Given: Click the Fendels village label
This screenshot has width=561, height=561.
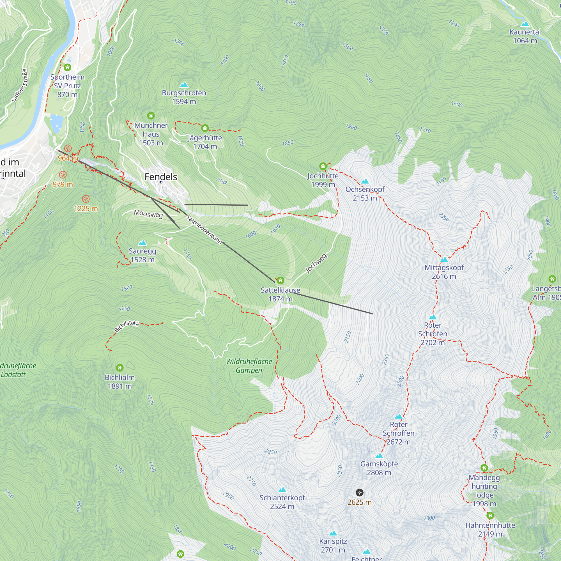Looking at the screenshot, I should pyautogui.click(x=160, y=176).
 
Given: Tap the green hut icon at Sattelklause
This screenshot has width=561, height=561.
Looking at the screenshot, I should pyautogui.click(x=280, y=280).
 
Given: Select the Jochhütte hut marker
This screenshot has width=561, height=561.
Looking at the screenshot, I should pyautogui.click(x=323, y=166).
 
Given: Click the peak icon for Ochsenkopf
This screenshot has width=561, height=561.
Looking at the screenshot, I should pyautogui.click(x=365, y=181).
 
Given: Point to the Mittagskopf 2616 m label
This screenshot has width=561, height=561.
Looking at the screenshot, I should pyautogui.click(x=444, y=272).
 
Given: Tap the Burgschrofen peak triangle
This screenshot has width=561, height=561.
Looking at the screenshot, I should pyautogui.click(x=184, y=85).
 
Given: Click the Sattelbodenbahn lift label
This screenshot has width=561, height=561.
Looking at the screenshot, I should pyautogui.click(x=204, y=230).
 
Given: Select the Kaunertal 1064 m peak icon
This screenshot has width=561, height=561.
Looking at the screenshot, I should pyautogui.click(x=525, y=24).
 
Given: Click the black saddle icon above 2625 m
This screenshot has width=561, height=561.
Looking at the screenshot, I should pyautogui.click(x=359, y=493).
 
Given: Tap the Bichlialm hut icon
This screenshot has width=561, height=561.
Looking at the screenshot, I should pyautogui.click(x=120, y=368).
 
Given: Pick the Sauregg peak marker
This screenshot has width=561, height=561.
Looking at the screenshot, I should pyautogui.click(x=142, y=243).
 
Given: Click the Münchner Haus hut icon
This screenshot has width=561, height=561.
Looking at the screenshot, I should pyautogui.click(x=151, y=116).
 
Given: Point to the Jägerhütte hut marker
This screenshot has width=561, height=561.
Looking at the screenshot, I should pyautogui.click(x=205, y=128).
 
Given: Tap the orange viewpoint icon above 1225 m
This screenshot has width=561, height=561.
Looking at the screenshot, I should pyautogui.click(x=85, y=199).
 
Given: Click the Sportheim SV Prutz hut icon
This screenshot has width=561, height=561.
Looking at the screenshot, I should pyautogui.click(x=67, y=67).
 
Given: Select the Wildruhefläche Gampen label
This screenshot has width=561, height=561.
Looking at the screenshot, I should pyautogui.click(x=249, y=365).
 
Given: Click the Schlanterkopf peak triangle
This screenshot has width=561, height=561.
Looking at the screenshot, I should pyautogui.click(x=282, y=490).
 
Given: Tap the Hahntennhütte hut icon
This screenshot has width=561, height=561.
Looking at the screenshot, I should pyautogui.click(x=490, y=516).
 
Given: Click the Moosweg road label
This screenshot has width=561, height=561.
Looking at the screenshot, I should pyautogui.click(x=148, y=214).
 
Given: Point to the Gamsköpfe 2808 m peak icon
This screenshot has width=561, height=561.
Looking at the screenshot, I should pyautogui.click(x=379, y=456).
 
